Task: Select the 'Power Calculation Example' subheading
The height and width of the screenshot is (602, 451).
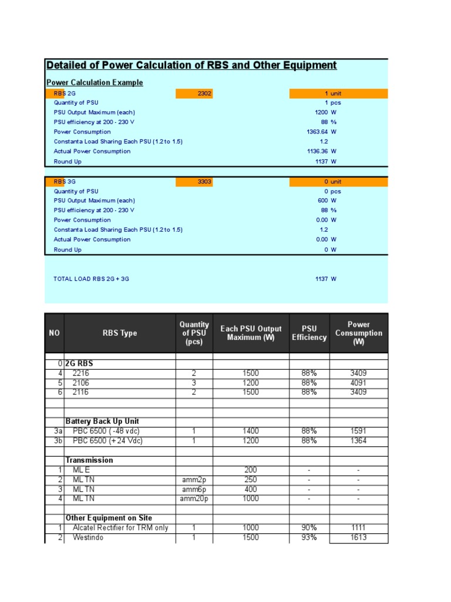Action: click(95, 83)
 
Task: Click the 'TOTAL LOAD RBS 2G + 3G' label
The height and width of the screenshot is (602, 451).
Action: click(91, 279)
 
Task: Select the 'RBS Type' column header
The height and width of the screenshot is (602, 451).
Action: click(120, 333)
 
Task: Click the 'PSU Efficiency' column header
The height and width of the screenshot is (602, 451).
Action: click(309, 333)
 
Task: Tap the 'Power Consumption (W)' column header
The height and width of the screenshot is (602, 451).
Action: click(358, 333)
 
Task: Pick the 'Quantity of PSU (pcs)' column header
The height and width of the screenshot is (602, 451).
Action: click(194, 333)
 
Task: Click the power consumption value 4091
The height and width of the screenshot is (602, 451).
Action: click(358, 383)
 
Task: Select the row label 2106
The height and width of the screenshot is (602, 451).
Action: click(82, 383)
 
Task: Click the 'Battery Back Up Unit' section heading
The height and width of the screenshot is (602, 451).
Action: click(102, 422)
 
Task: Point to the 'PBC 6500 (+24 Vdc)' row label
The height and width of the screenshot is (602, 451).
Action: click(107, 441)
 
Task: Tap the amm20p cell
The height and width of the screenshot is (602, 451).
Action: click(194, 499)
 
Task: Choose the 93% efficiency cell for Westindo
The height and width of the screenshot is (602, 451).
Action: click(309, 538)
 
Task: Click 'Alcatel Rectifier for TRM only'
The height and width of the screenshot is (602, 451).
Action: click(120, 528)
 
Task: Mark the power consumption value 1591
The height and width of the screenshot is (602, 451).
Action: click(358, 432)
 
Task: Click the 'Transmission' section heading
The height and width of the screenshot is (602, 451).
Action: click(89, 460)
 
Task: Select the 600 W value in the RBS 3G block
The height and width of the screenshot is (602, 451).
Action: click(325, 201)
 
